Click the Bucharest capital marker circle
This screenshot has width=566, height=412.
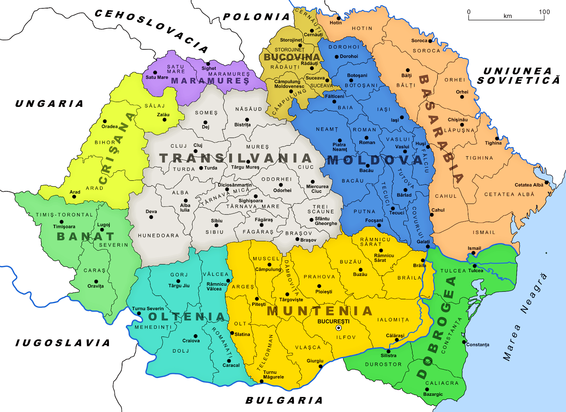[339, 328]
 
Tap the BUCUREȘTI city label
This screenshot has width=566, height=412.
[333, 321]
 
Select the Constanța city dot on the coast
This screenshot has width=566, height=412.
[464, 342]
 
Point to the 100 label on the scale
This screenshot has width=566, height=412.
[544, 12]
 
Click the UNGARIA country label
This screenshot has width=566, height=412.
[50, 104]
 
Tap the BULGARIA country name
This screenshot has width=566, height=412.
[284, 400]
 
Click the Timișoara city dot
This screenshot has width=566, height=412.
[62, 222]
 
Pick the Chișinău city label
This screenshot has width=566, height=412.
[457, 120]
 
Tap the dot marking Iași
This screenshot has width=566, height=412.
[402, 117]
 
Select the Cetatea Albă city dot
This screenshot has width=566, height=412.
[546, 182]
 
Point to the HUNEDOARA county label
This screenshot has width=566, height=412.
[158, 236]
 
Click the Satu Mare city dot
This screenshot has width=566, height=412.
[155, 72]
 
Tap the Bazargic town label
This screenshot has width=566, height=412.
[433, 394]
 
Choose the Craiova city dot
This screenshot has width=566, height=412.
[195, 336]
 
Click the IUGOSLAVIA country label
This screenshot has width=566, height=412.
[63, 343]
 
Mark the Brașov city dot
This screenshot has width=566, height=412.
[297, 239]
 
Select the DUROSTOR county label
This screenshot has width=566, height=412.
[383, 364]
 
